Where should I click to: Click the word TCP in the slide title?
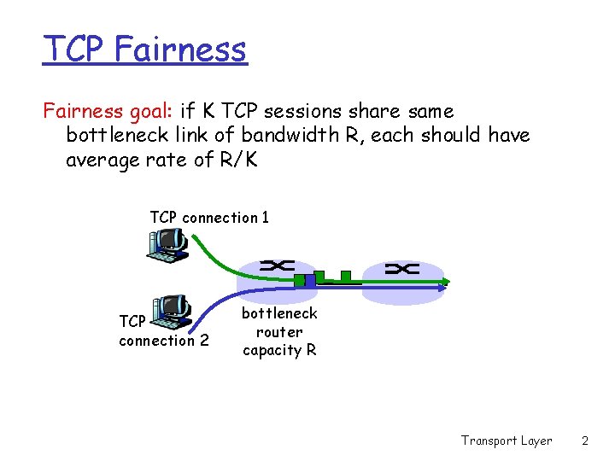click(73, 49)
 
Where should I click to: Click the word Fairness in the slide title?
click(179, 49)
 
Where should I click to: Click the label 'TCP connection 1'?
click(209, 218)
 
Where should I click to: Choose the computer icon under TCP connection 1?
click(167, 242)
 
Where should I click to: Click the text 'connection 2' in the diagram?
click(163, 341)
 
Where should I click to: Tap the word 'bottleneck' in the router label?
click(279, 313)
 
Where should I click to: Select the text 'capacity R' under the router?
click(279, 350)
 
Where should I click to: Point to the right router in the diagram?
click(402, 271)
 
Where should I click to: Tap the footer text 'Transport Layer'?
click(507, 441)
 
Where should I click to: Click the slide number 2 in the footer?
click(585, 441)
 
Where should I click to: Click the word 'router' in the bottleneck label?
click(279, 332)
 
